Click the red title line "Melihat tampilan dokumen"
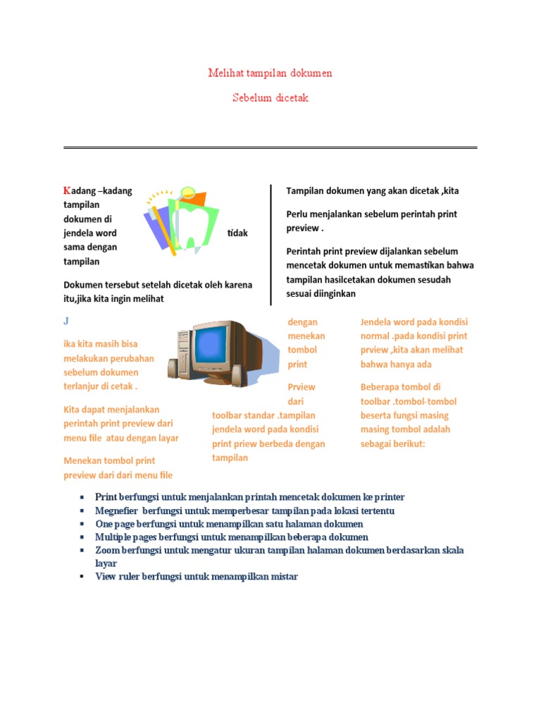click(270, 73)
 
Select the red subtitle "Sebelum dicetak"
click(270, 98)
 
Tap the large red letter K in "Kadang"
click(67, 191)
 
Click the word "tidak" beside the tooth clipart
click(237, 233)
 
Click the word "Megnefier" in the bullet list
click(116, 510)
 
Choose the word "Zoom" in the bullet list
click(107, 550)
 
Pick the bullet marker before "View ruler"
click(82, 577)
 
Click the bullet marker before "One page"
click(82, 524)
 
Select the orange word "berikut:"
click(405, 443)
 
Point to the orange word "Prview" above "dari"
click(301, 387)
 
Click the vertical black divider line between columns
click(271, 244)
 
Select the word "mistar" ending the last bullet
click(285, 577)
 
